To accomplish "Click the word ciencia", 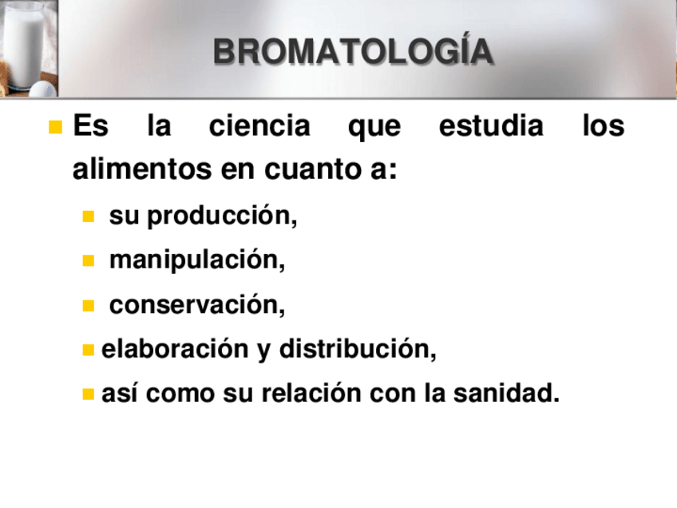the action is pyautogui.click(x=259, y=126).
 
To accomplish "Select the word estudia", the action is pyautogui.click(x=491, y=126).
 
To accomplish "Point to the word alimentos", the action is pyautogui.click(x=142, y=169).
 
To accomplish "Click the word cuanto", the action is pyautogui.click(x=312, y=169).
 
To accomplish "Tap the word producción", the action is pyautogui.click(x=222, y=215).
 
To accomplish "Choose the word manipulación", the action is pyautogui.click(x=197, y=260).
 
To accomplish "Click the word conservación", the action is pyautogui.click(x=197, y=304).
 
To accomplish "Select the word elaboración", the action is pyautogui.click(x=175, y=348).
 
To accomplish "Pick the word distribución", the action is pyautogui.click(x=358, y=348).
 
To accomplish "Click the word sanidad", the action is pyautogui.click(x=506, y=393).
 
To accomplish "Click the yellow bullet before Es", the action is pyautogui.click(x=56, y=127).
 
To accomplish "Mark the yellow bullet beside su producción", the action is pyautogui.click(x=88, y=216).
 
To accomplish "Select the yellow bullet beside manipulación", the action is pyautogui.click(x=88, y=260).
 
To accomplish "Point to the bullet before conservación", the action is pyautogui.click(x=88, y=305).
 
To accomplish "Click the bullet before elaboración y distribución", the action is pyautogui.click(x=88, y=350).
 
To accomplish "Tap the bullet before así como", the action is pyautogui.click(x=88, y=394).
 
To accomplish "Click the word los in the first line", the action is pyautogui.click(x=604, y=126).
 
